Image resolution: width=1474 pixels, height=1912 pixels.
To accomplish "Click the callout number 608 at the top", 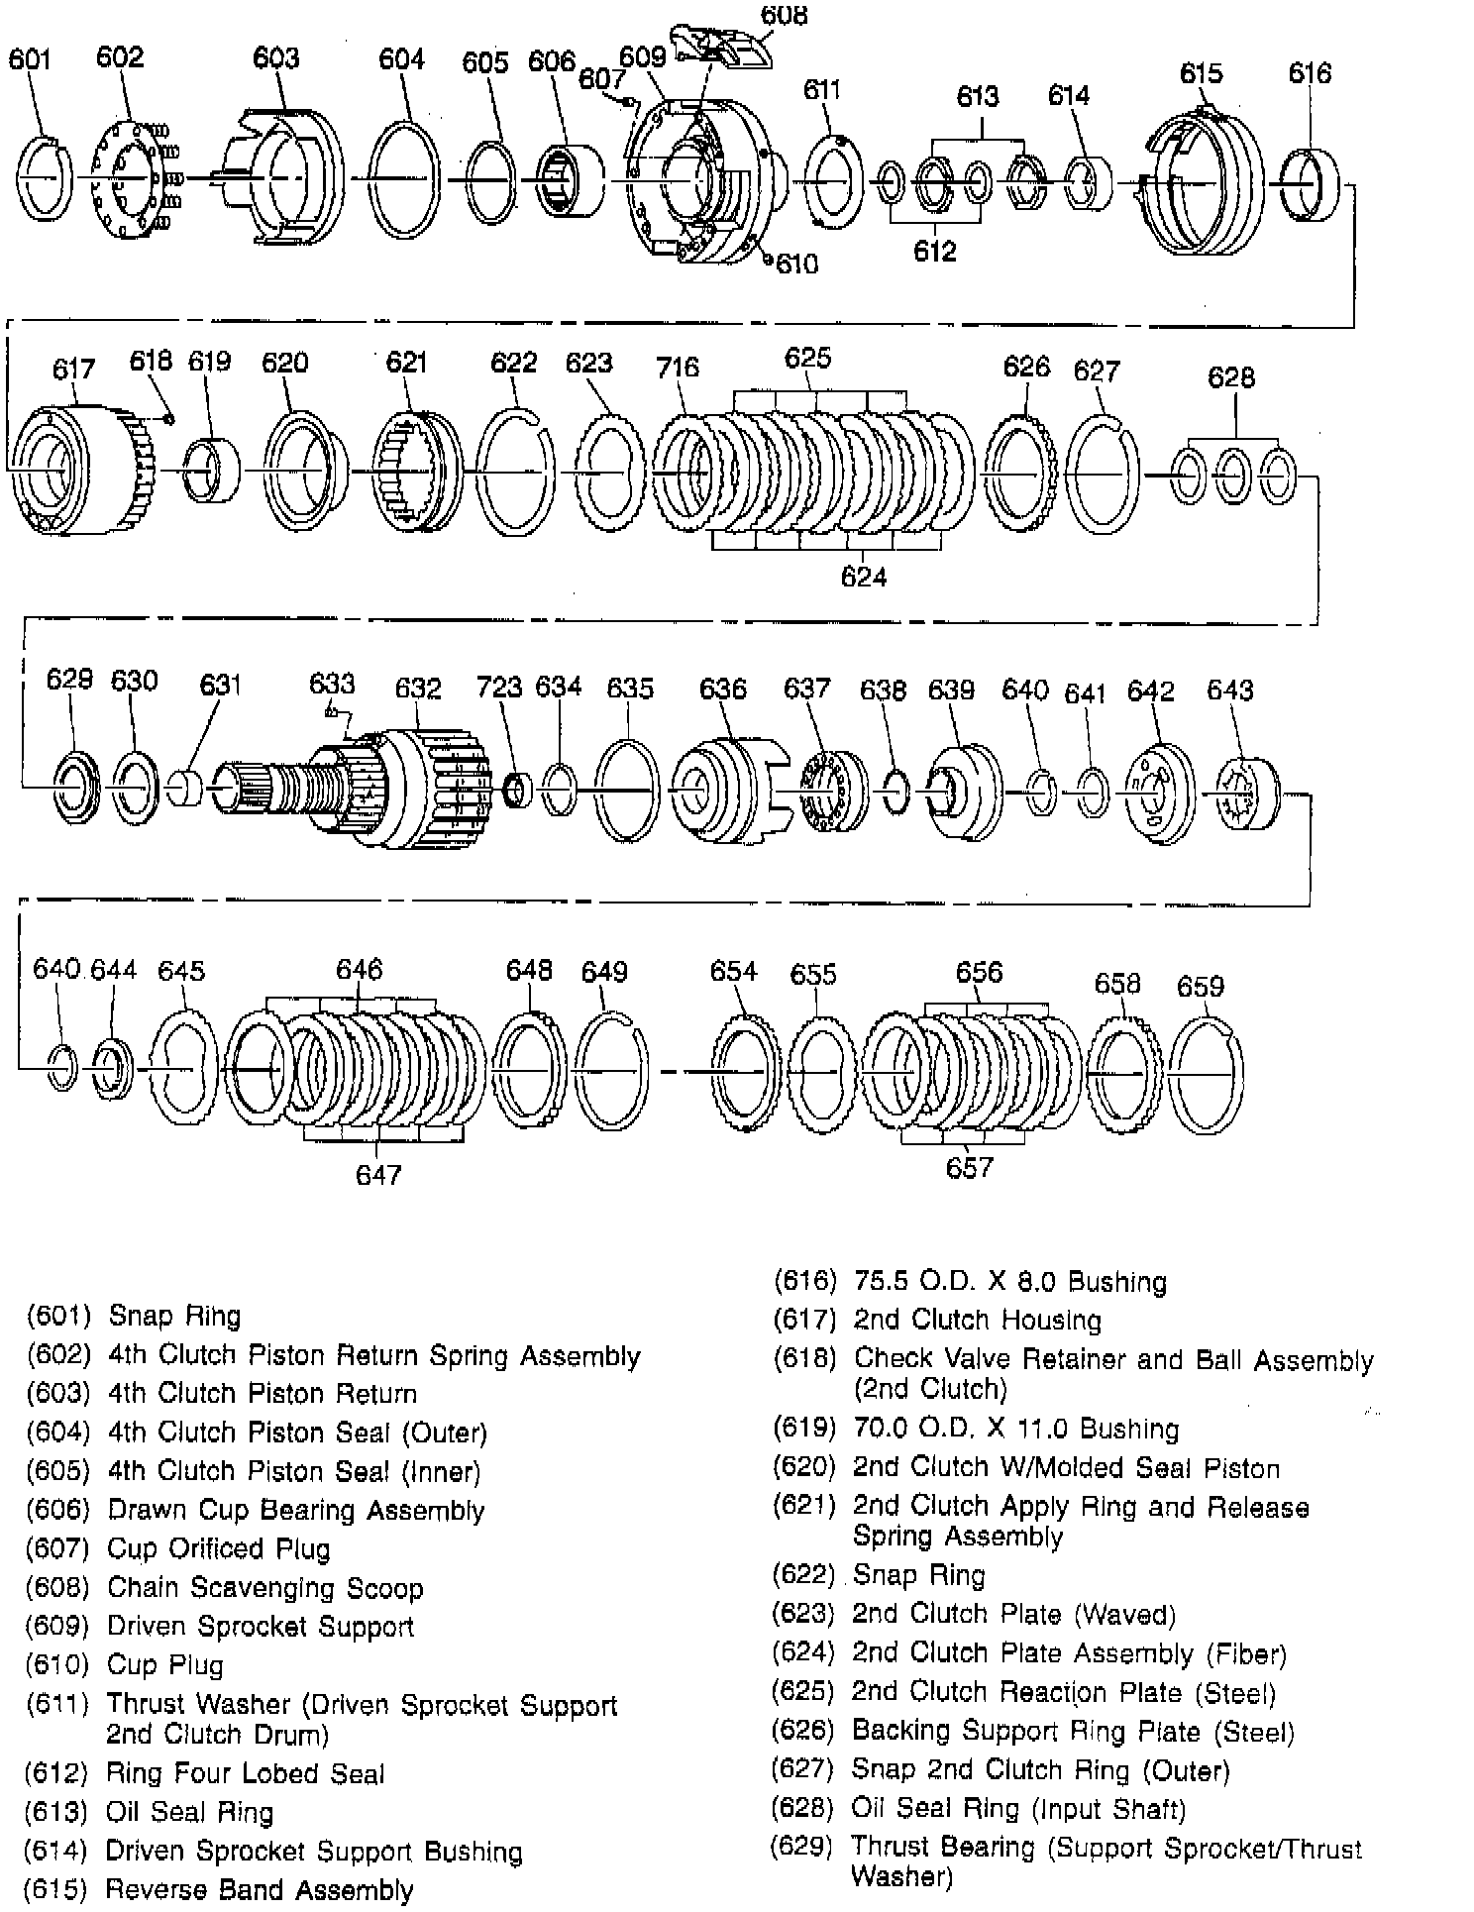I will pyautogui.click(x=784, y=16).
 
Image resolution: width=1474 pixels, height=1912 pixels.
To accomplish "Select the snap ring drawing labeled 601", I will pyautogui.click(x=45, y=177).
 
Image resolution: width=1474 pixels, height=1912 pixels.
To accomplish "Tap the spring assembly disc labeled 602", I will pyautogui.click(x=126, y=178).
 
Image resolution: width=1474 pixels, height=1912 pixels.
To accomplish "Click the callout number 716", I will pyautogui.click(x=678, y=368).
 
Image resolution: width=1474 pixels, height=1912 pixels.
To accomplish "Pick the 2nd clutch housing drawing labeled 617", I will pyautogui.click(x=74, y=470).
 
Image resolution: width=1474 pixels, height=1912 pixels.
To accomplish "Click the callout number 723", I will pyautogui.click(x=498, y=687).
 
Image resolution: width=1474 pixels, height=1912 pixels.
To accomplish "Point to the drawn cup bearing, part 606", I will pyautogui.click(x=570, y=180).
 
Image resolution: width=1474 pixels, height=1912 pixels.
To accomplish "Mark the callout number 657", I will pyautogui.click(x=968, y=1167).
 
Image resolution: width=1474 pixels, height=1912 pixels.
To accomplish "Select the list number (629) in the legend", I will pyautogui.click(x=801, y=1847).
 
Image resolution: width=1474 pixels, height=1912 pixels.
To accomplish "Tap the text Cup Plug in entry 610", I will pyautogui.click(x=165, y=1665).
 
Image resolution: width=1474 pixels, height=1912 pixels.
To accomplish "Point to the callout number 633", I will pyautogui.click(x=331, y=683).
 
